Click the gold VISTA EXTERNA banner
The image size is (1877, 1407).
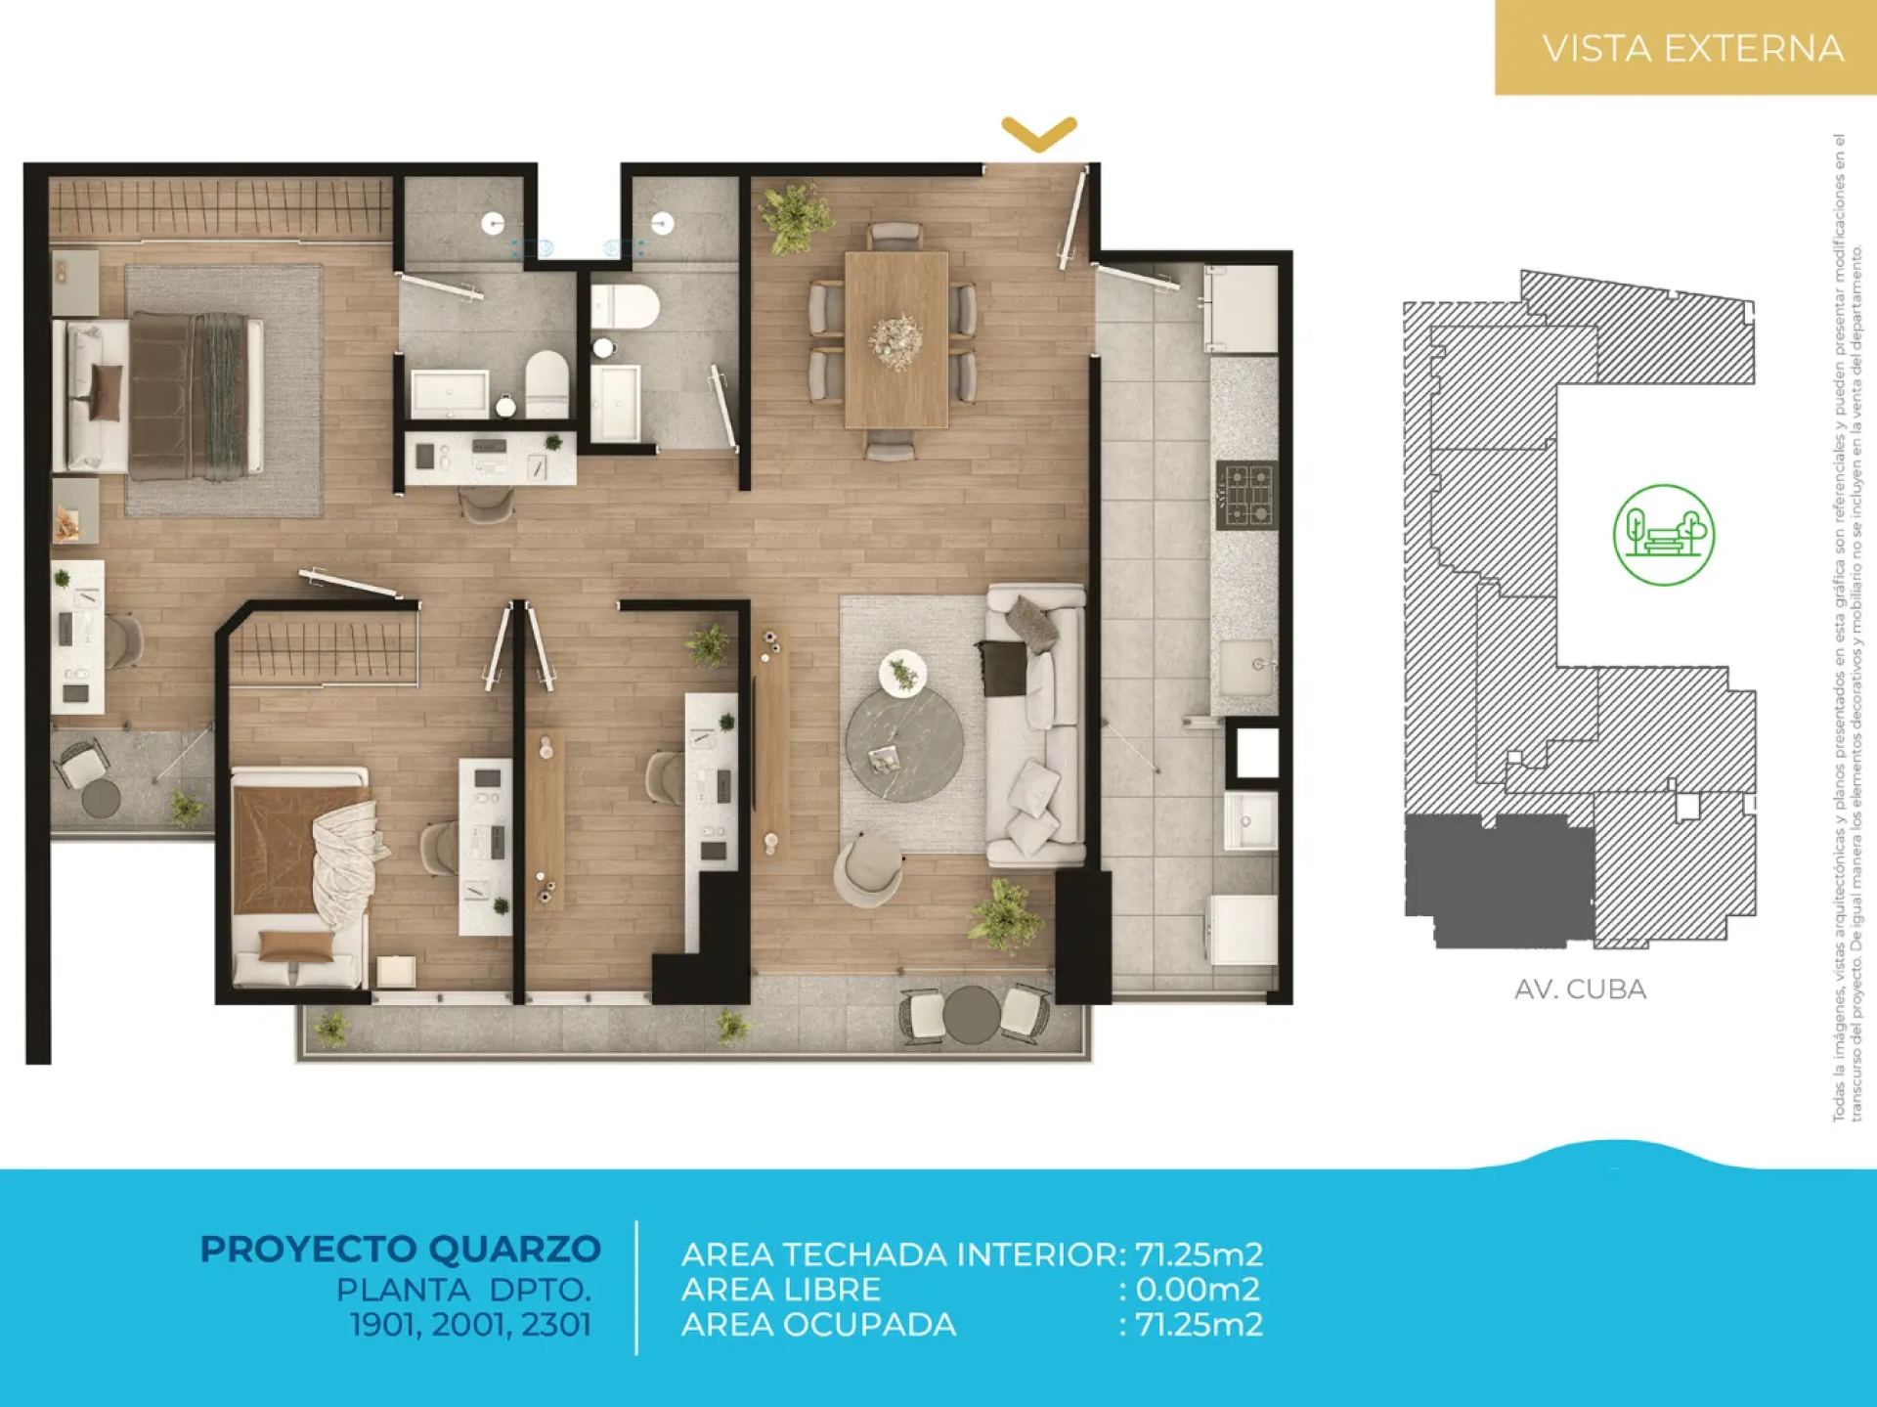point(1685,47)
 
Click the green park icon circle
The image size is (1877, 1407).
point(1663,535)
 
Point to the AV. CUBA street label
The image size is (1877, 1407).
point(1580,989)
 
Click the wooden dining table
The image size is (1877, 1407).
point(896,339)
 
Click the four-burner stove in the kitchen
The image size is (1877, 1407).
point(1246,495)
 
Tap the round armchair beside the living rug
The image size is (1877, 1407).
point(867,869)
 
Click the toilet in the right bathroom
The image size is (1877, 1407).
point(624,307)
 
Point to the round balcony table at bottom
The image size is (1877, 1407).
point(970,1014)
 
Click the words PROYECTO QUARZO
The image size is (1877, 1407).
point(400,1249)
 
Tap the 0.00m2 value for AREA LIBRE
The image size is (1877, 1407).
point(1198,1290)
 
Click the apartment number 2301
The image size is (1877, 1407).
point(556,1325)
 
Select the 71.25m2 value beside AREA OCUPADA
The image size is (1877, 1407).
point(1199,1325)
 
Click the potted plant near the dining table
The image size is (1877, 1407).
point(797,217)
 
